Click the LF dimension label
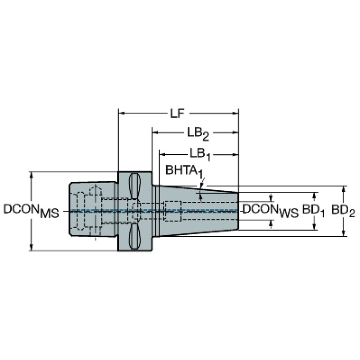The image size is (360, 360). [177, 113]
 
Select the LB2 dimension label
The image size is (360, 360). [198, 134]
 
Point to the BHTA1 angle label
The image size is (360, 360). [184, 172]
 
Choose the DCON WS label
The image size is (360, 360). [270, 211]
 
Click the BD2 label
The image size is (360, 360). [343, 211]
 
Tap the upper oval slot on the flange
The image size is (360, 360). [135, 186]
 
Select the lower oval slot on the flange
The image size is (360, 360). [135, 237]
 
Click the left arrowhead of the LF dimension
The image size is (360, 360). [121, 113]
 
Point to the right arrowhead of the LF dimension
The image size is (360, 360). [236, 113]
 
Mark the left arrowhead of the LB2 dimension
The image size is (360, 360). [155, 132]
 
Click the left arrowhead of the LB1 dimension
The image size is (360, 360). [162, 154]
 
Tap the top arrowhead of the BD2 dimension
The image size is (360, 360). [344, 189]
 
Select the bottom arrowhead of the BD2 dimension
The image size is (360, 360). [344, 233]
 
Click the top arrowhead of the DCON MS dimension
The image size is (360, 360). [31, 175]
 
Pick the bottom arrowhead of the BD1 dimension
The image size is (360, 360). [314, 226]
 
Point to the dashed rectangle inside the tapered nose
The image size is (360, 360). [173, 211]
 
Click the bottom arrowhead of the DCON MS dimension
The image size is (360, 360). [31, 247]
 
